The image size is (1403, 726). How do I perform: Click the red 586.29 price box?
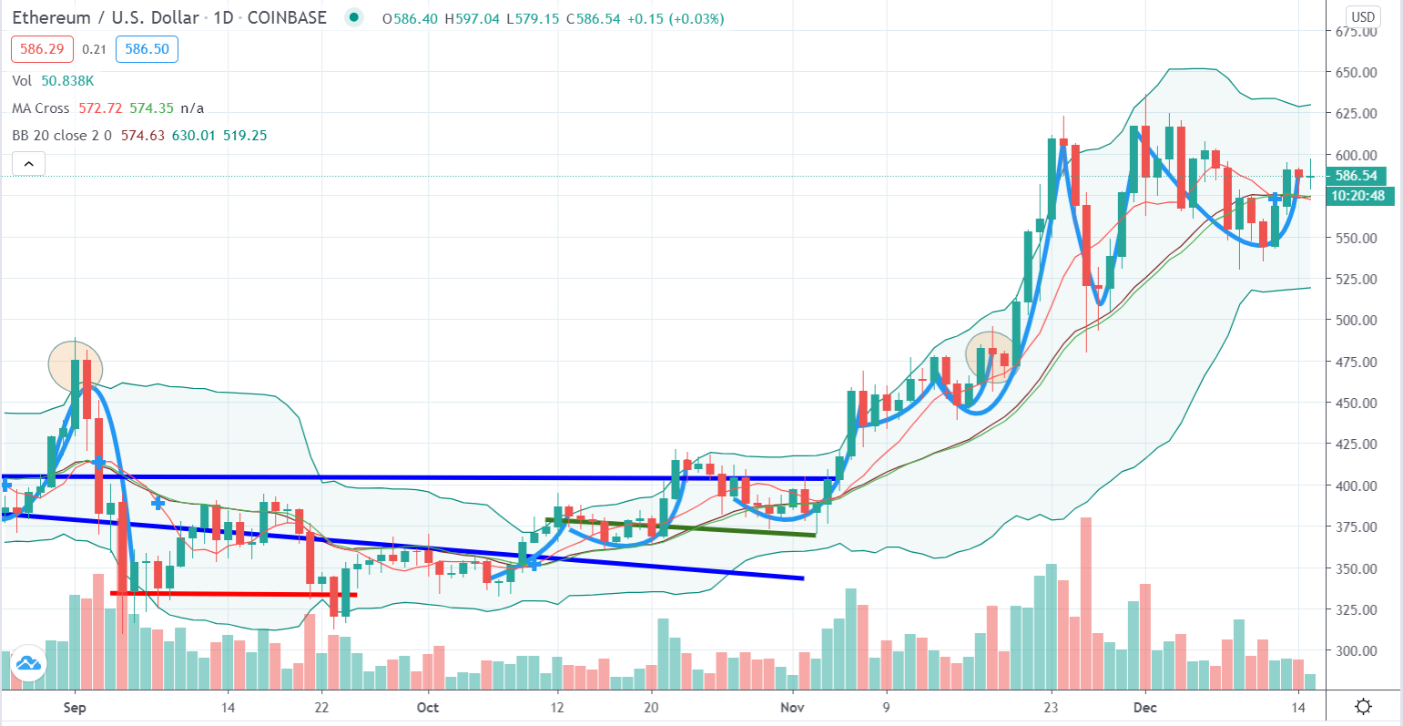click(42, 49)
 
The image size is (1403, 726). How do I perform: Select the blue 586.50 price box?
click(147, 49)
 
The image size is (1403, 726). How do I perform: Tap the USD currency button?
click(1362, 17)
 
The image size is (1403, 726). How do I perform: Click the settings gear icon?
click(1363, 707)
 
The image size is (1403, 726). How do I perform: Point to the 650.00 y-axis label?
click(1356, 72)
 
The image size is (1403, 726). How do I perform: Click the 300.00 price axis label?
click(1356, 650)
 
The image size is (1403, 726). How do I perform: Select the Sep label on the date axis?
click(75, 708)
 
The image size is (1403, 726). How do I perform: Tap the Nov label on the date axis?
click(792, 708)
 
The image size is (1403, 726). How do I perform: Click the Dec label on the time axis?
click(1145, 708)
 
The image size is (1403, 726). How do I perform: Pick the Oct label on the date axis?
click(428, 708)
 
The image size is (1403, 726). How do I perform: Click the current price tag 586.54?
click(1356, 176)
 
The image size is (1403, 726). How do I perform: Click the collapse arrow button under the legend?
click(29, 164)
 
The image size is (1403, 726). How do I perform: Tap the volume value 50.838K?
click(67, 81)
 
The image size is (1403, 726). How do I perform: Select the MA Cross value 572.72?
click(100, 108)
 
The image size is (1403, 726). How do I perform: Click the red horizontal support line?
click(234, 594)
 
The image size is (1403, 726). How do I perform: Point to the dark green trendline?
click(681, 527)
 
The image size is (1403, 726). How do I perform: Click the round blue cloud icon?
click(28, 663)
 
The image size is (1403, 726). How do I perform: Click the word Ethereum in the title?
click(51, 17)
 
